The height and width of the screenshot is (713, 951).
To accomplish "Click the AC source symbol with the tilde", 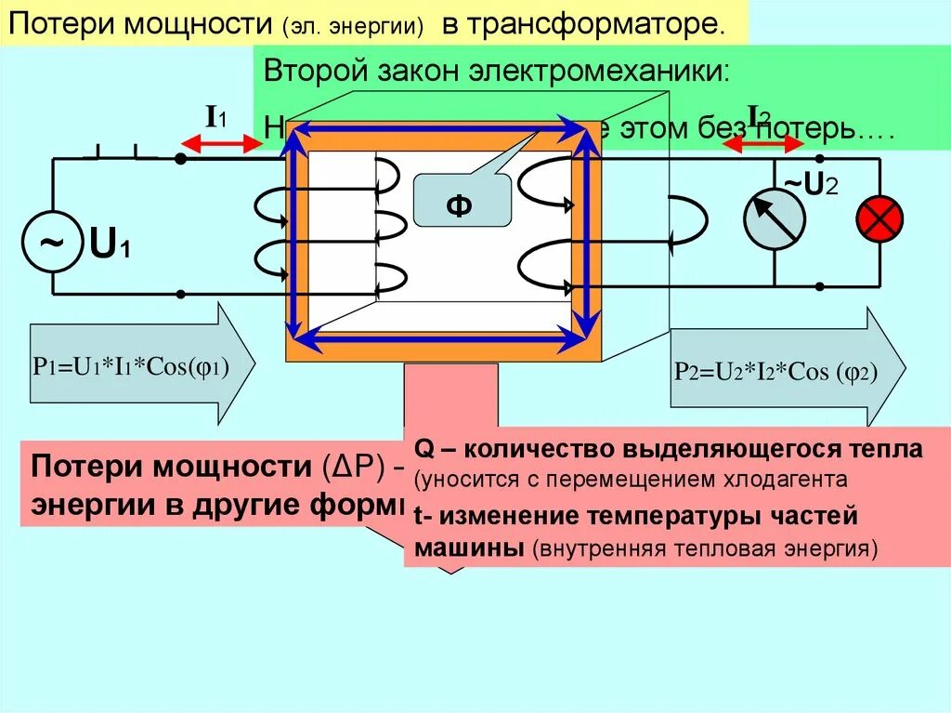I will [x=52, y=243].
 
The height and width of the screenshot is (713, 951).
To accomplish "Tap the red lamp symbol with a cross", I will [x=879, y=218].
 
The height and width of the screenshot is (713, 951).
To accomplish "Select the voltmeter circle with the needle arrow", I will [x=775, y=219].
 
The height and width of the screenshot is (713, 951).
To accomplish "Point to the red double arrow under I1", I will [x=222, y=143].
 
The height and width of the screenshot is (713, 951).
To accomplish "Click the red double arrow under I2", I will [x=763, y=144].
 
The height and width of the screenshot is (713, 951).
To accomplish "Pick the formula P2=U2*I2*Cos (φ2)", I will [x=776, y=372].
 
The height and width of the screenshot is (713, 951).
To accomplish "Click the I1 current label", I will [x=215, y=117].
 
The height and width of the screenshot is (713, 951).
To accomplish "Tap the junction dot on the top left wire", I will [x=181, y=159].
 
